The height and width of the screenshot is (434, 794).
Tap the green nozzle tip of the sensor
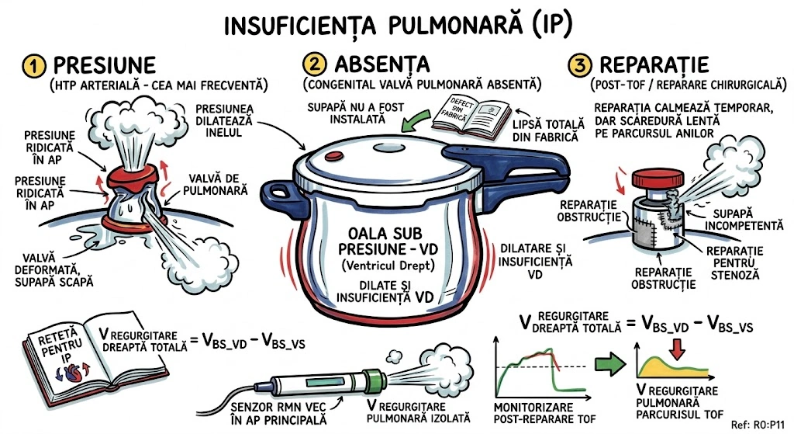click(377, 381)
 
